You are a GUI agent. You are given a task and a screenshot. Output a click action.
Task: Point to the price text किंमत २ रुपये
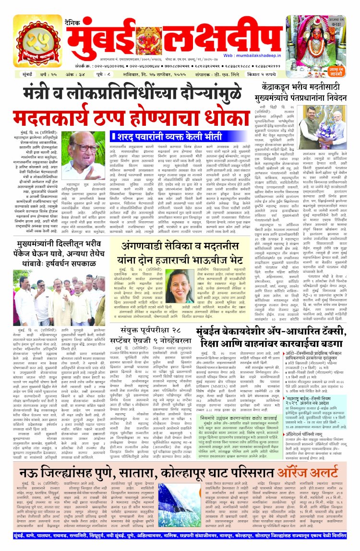(262, 75)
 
